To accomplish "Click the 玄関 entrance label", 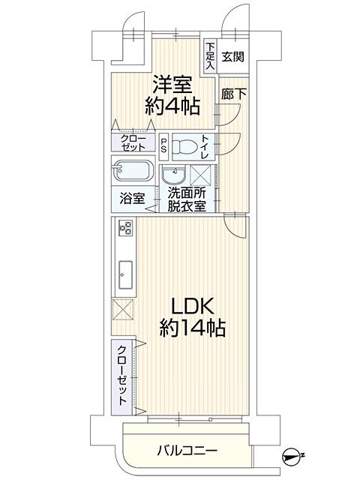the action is pyautogui.click(x=233, y=57).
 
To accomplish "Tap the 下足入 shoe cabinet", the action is pyautogui.click(x=210, y=57).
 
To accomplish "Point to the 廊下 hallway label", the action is pyautogui.click(x=233, y=94).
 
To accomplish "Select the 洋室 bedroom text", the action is pyautogui.click(x=172, y=84).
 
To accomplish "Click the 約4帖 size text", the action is pyautogui.click(x=172, y=106).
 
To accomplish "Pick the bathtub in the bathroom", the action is pyautogui.click(x=132, y=171).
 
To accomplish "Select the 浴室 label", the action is pyautogui.click(x=132, y=198).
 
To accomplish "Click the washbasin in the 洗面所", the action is pyautogui.click(x=173, y=175).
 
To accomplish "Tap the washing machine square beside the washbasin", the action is pyautogui.click(x=201, y=175).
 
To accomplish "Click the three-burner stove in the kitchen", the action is pyautogui.click(x=126, y=228).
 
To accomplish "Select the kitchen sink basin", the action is pyautogui.click(x=125, y=275).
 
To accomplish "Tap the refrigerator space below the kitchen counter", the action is pyautogui.click(x=123, y=310).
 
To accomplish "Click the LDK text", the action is pyautogui.click(x=192, y=307).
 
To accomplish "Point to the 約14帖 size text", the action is pyautogui.click(x=192, y=328).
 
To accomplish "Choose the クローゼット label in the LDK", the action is pyautogui.click(x=122, y=375).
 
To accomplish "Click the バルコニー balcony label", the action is pyautogui.click(x=187, y=451).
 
